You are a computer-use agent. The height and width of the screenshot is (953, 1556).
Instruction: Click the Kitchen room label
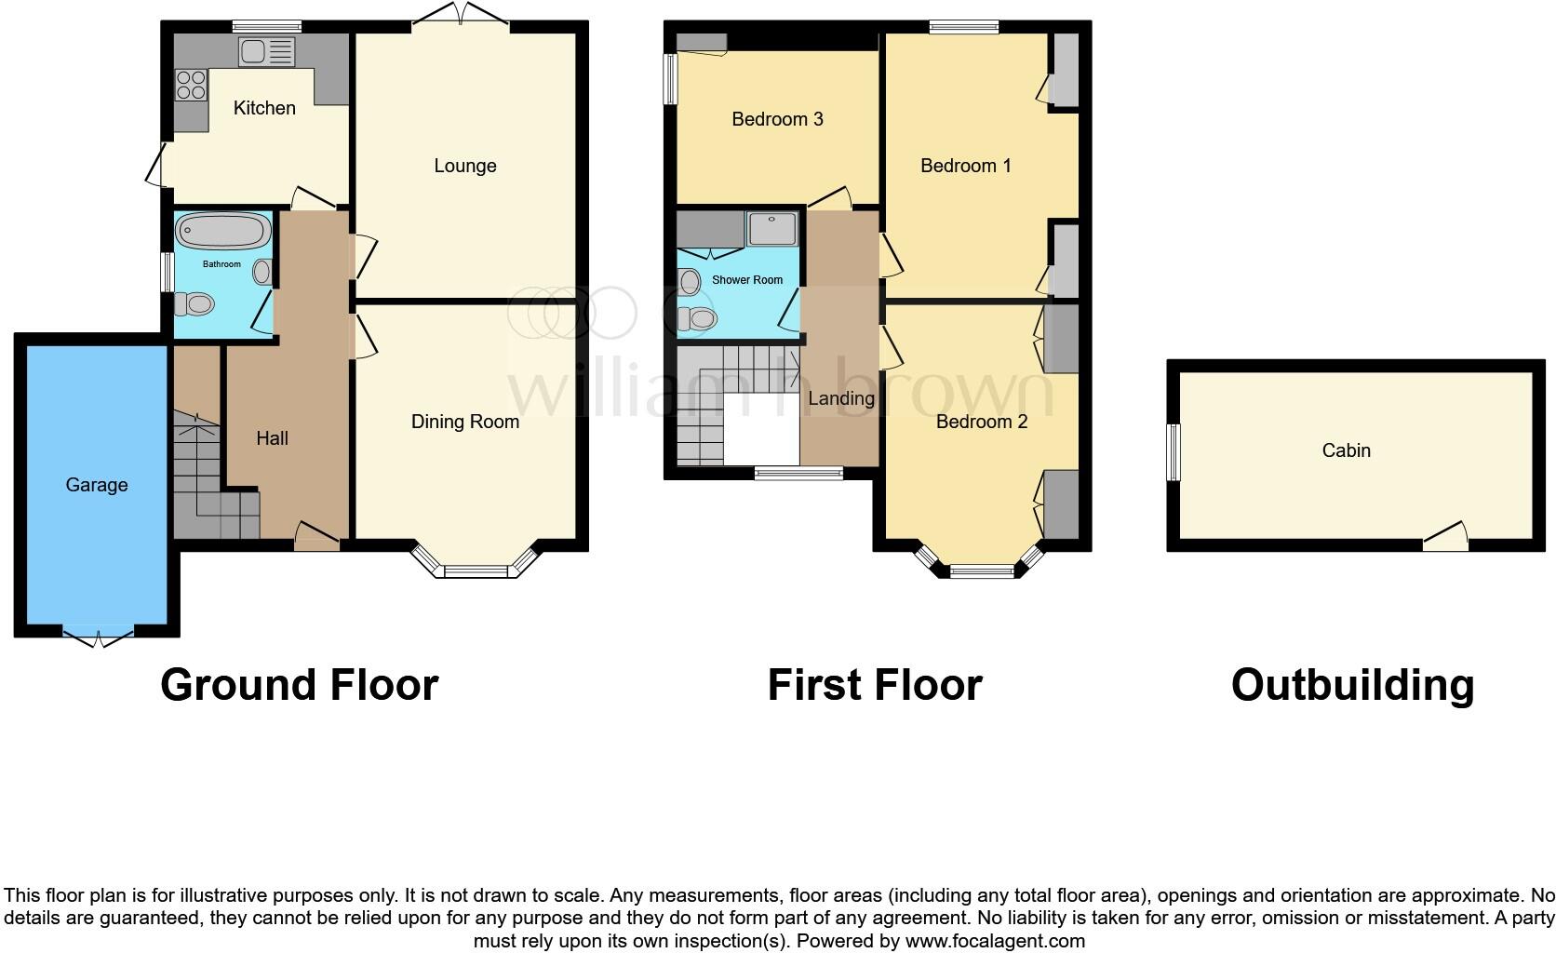click(264, 108)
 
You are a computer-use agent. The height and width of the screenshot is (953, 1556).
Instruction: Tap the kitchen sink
click(266, 50)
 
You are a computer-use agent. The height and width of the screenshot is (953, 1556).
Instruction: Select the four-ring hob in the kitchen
click(192, 85)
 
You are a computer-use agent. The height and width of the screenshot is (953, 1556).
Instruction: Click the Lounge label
click(464, 166)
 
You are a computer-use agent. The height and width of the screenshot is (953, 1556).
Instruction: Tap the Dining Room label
click(464, 422)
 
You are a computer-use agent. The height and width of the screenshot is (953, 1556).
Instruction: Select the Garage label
click(97, 485)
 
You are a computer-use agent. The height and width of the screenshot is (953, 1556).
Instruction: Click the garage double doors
click(99, 636)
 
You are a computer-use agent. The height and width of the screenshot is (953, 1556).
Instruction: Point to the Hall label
click(272, 438)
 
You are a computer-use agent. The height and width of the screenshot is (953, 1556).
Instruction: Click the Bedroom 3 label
click(777, 119)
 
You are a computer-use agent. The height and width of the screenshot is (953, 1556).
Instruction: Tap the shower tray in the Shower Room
click(772, 228)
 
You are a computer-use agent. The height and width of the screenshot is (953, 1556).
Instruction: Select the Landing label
click(840, 398)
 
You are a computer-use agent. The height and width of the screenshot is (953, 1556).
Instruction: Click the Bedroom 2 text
click(981, 422)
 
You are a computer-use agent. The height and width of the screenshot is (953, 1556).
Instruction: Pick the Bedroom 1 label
click(965, 166)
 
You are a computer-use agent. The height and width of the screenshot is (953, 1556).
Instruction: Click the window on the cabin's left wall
click(1174, 452)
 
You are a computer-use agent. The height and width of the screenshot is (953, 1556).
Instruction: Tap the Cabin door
click(1444, 538)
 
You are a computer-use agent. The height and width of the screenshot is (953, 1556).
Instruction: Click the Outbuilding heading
click(1352, 685)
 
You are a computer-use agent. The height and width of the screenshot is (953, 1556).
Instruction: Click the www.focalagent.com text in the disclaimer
click(994, 941)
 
